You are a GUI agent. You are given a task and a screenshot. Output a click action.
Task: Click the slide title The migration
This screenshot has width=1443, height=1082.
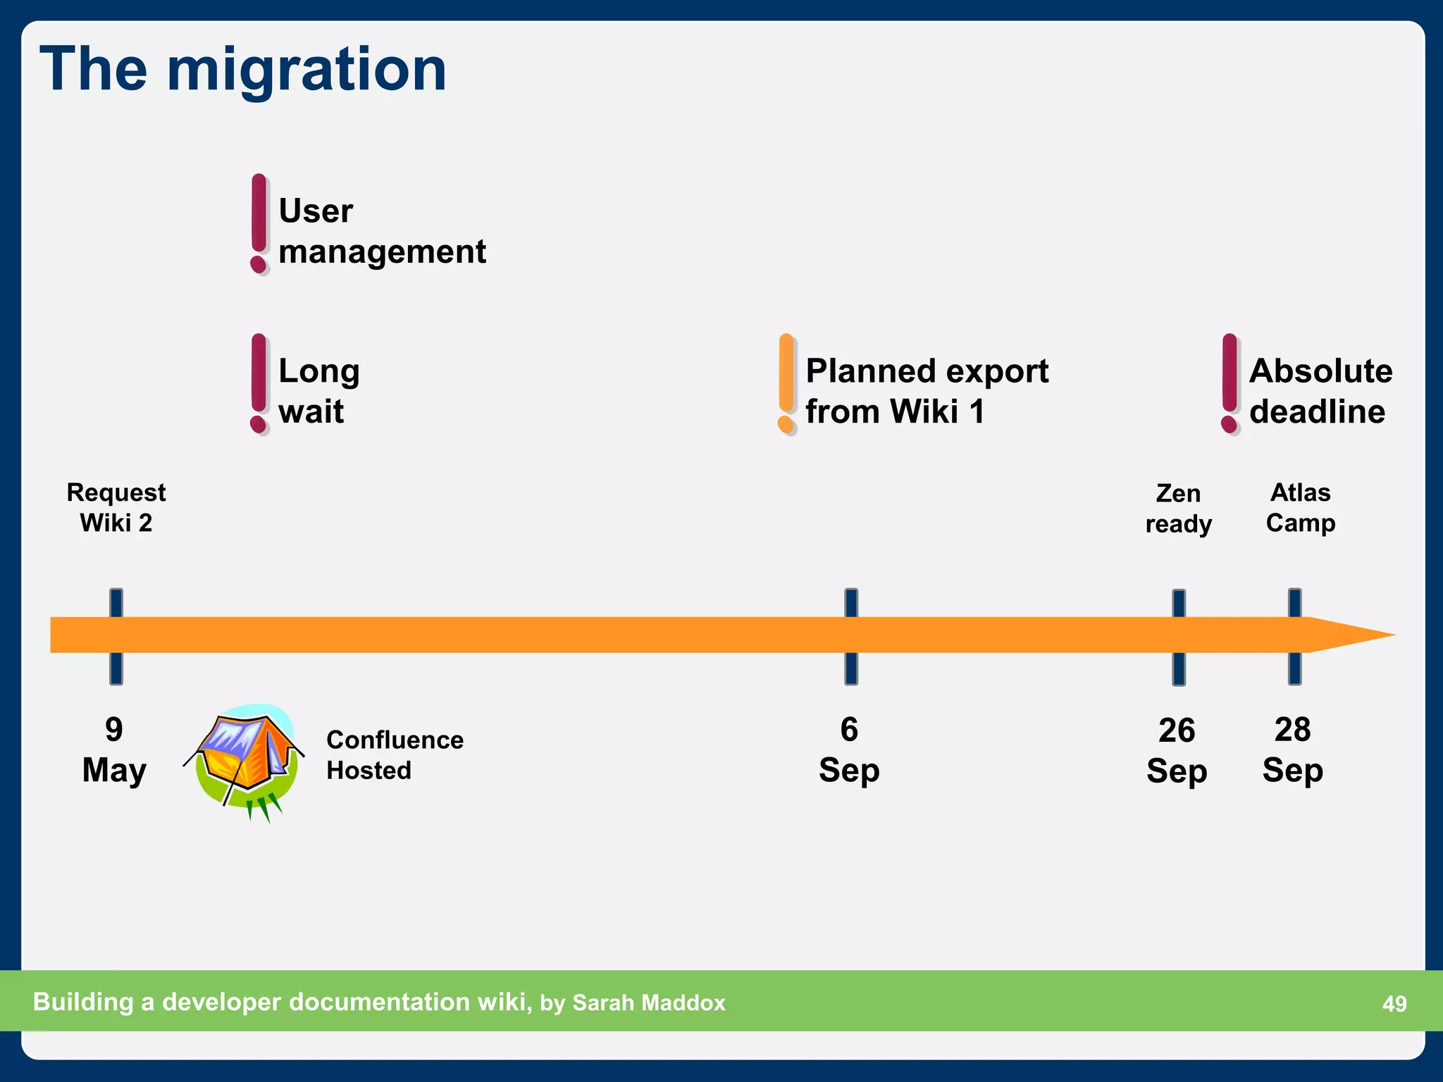coord(243,69)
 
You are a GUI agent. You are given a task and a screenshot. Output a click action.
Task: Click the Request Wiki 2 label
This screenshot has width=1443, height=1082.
coord(116,507)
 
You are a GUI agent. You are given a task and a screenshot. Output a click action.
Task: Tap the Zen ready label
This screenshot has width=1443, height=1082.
coord(1178,508)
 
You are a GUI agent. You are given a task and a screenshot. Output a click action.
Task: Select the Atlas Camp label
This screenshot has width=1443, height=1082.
coord(1300,507)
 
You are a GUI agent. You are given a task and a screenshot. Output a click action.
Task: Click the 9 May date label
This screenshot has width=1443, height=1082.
coord(114,750)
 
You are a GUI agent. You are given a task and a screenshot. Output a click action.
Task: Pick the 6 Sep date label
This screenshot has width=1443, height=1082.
coord(849,750)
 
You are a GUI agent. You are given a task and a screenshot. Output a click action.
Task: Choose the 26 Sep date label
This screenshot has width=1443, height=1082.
coord(1177,750)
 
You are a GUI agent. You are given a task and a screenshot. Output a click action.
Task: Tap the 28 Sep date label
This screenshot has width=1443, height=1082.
coord(1292,750)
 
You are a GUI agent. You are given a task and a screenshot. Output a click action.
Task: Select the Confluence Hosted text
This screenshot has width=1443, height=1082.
coord(395,755)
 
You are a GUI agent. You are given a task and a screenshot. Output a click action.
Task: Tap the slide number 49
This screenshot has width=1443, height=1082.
coord(1394,1004)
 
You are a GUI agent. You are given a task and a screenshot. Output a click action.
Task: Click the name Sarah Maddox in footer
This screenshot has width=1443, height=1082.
coord(648,1002)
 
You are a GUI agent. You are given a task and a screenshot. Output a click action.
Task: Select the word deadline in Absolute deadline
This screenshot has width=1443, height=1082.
coord(1317,411)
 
